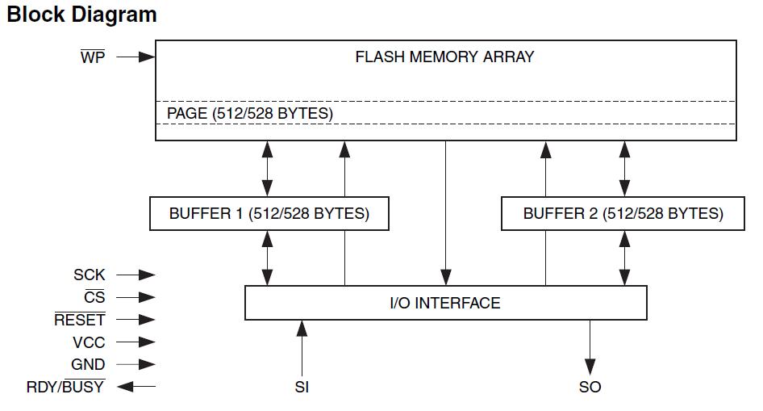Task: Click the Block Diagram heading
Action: [81, 15]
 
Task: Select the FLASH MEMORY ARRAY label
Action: [444, 57]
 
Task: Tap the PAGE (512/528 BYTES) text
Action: [249, 114]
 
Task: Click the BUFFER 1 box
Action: [269, 214]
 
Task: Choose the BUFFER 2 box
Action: [623, 214]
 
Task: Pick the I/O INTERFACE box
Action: [445, 303]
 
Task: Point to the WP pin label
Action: [93, 58]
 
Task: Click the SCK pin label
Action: [89, 275]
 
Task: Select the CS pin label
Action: [95, 298]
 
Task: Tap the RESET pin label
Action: [79, 320]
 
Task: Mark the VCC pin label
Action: [89, 342]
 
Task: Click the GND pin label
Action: [88, 365]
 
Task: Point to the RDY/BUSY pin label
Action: [65, 387]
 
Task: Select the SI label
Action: [302, 388]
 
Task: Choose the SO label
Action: [590, 388]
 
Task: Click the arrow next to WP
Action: [136, 57]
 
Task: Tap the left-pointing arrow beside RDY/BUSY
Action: [136, 387]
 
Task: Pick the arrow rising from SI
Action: [302, 347]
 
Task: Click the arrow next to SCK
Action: [136, 275]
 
